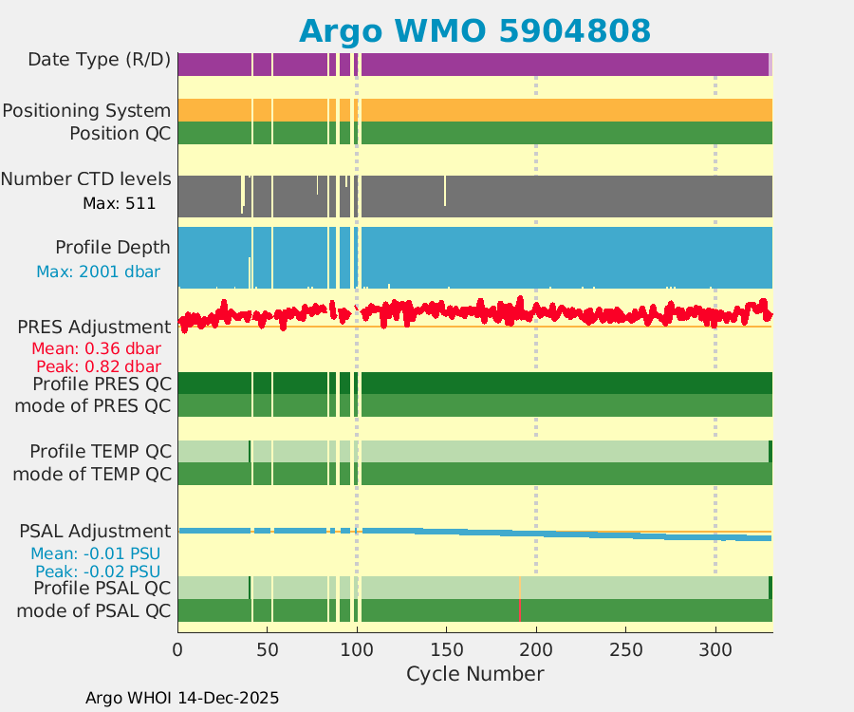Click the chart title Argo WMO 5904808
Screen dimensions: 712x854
[x=474, y=30]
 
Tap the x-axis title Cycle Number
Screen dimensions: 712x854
[x=474, y=674]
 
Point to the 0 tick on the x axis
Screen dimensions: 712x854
[x=177, y=650]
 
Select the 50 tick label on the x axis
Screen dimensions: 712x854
[x=268, y=650]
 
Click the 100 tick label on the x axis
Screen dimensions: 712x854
[x=357, y=650]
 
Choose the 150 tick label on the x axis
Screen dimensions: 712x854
[x=446, y=650]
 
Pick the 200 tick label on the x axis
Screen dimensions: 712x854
[x=536, y=650]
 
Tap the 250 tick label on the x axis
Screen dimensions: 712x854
[x=625, y=650]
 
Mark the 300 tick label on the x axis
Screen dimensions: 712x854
[x=715, y=650]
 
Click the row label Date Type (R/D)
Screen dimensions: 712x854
[x=100, y=60]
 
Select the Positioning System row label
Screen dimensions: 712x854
[x=86, y=111]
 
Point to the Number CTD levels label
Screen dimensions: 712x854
[x=86, y=179]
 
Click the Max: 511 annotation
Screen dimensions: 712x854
[x=120, y=202]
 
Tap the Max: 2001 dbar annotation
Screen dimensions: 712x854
[x=98, y=272]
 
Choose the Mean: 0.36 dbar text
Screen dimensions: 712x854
[x=99, y=348]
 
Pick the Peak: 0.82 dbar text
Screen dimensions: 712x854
[x=99, y=366]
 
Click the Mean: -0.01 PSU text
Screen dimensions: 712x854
[x=98, y=553]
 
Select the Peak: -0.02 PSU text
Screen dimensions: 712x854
[x=98, y=571]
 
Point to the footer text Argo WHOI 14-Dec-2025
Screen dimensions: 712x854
[x=182, y=698]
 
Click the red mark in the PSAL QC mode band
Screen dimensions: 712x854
[x=520, y=611]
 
